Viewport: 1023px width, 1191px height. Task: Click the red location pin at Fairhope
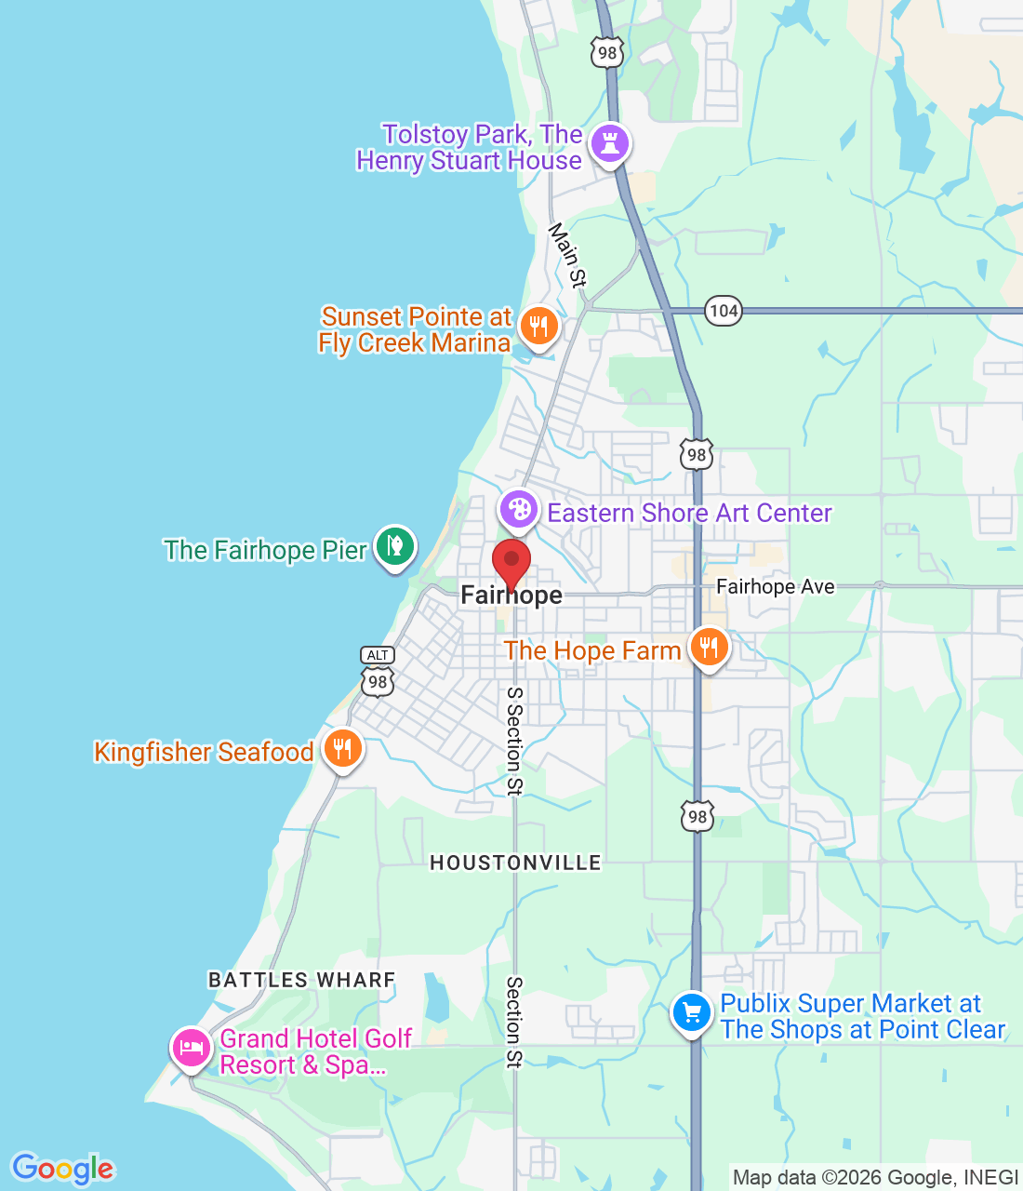point(511,562)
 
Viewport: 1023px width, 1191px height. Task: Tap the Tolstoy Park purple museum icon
point(610,143)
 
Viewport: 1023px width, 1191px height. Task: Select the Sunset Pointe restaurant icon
point(538,327)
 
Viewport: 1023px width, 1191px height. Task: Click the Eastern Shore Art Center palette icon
point(518,509)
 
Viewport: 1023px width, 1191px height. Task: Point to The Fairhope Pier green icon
point(394,545)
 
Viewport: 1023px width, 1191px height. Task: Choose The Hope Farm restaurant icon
point(709,647)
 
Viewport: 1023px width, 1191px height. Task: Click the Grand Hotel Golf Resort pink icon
point(191,1048)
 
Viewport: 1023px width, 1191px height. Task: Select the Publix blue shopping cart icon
point(691,1011)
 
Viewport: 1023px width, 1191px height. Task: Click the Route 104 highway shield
point(723,311)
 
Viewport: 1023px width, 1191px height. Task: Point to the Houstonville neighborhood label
point(515,863)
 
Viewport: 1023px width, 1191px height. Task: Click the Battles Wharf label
point(301,980)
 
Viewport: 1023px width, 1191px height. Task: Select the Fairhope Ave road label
point(775,586)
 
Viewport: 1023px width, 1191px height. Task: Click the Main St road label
point(567,254)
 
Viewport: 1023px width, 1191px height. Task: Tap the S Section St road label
point(514,742)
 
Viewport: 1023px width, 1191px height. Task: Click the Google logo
point(62,1169)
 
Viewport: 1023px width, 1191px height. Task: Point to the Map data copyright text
point(875,1178)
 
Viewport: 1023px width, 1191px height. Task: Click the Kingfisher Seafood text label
point(204,752)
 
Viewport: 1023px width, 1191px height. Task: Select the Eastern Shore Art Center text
point(689,513)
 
